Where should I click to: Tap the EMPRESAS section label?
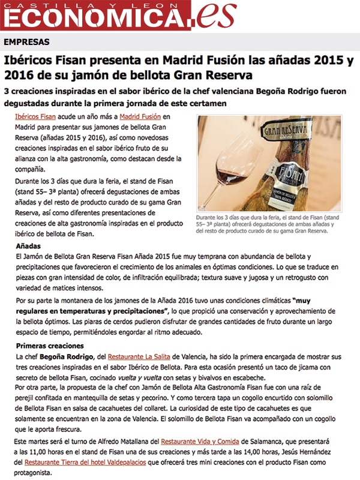pos(26,42)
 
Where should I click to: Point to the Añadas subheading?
pos(29,247)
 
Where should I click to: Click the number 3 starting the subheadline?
pos(7,91)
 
